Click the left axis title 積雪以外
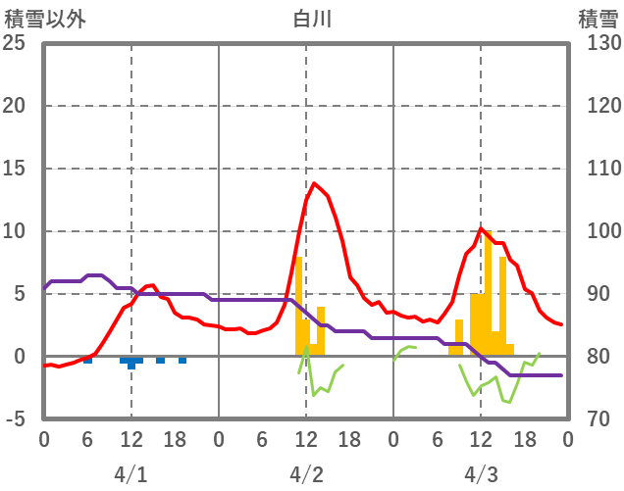coord(45,19)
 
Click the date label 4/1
coord(130,474)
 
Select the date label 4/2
coord(305,474)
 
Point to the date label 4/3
coord(480,474)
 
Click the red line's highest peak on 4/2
coord(314,183)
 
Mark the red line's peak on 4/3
coord(481,229)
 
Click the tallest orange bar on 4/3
coord(488,294)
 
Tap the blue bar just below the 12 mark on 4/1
coord(131,363)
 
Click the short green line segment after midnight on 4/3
coord(404,350)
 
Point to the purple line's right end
coord(561,375)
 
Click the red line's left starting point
coord(45,366)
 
